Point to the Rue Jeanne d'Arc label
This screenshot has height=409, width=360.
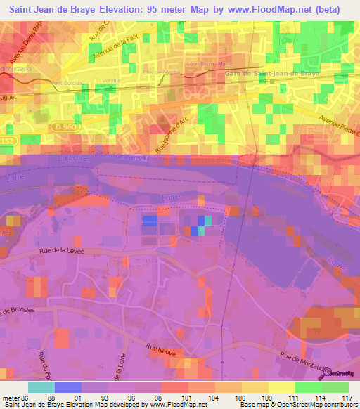[x=173, y=134]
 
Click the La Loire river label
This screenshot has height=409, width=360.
[x=61, y=162]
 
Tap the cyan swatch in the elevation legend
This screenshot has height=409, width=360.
[x=41, y=387]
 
